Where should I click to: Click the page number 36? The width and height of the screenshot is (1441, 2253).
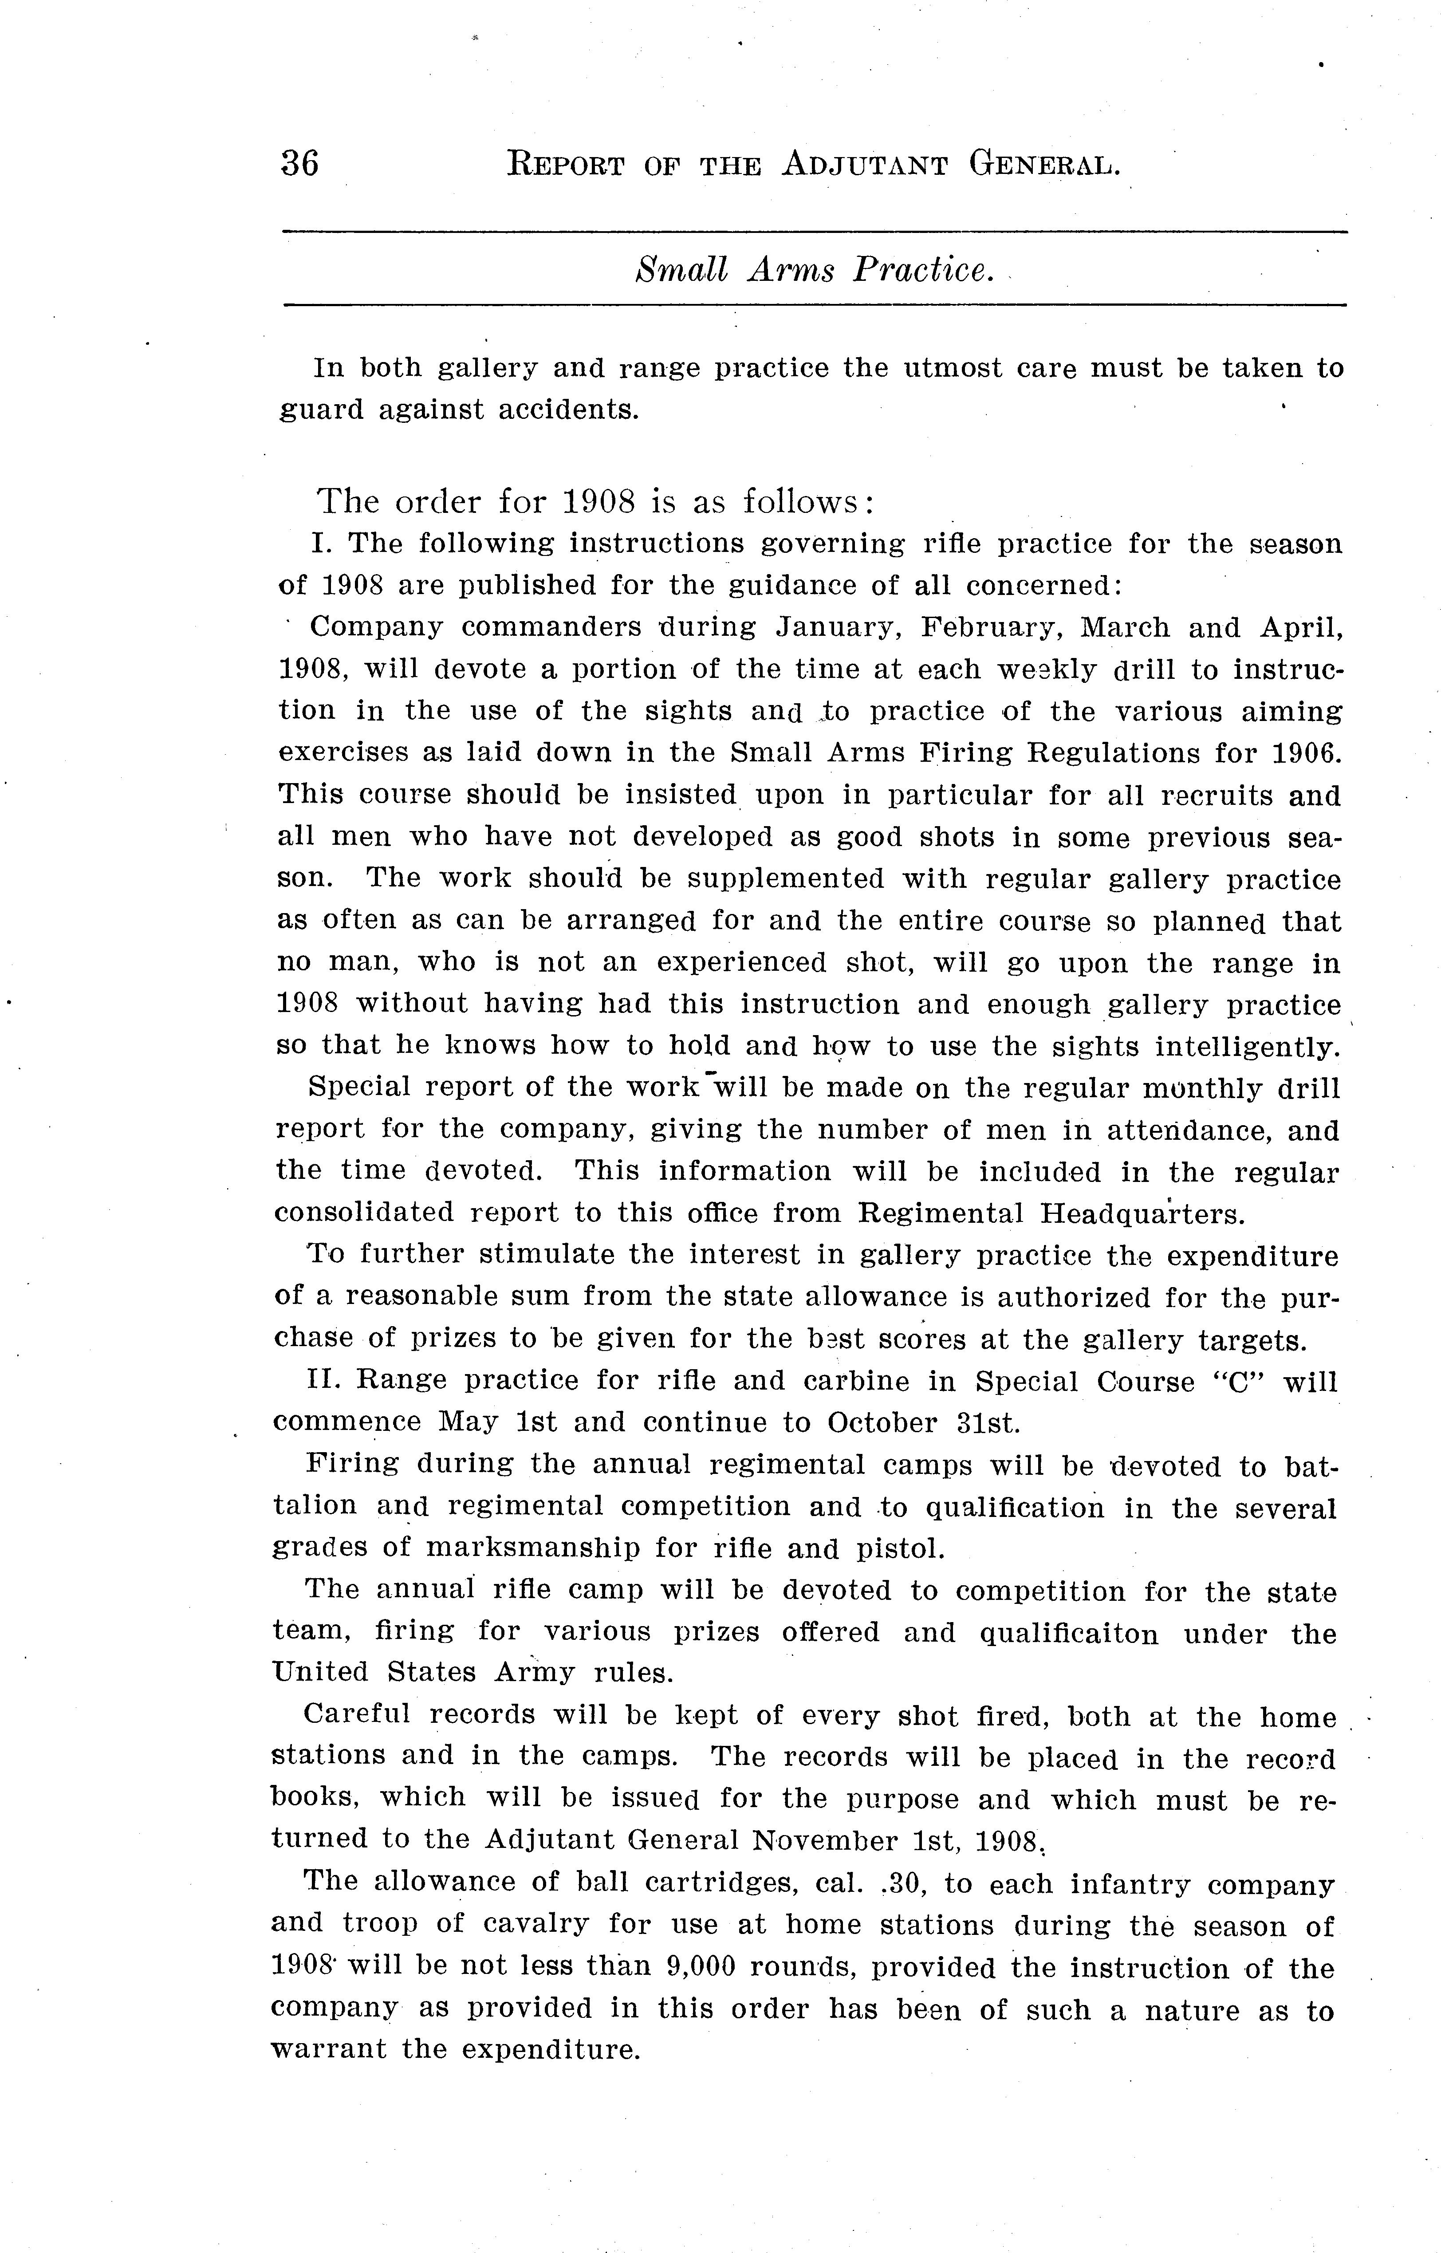pyautogui.click(x=299, y=164)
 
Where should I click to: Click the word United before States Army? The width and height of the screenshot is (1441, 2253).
pyautogui.click(x=320, y=1673)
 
